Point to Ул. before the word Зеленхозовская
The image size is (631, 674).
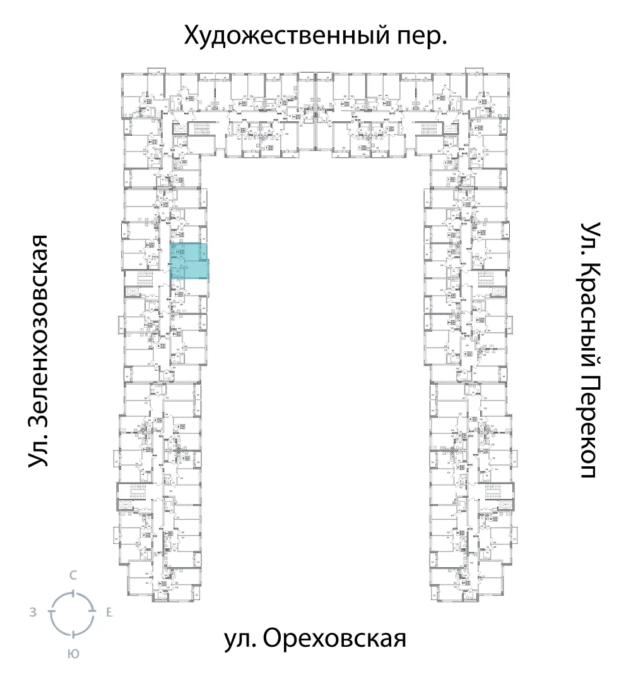point(40,451)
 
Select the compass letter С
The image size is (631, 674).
point(73,575)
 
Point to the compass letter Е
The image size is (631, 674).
point(109,612)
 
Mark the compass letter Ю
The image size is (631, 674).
point(73,654)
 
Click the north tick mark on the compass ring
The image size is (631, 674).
point(73,593)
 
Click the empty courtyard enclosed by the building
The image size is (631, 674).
point(315,379)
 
